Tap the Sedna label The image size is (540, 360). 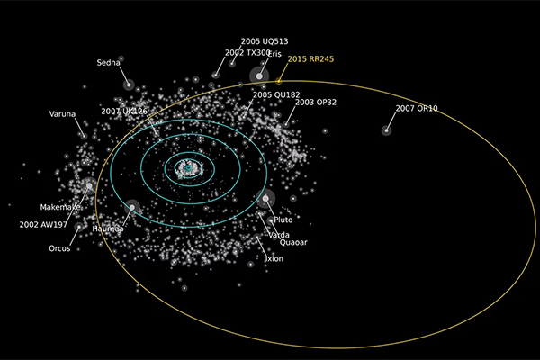(x=109, y=63)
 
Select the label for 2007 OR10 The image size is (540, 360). (x=417, y=109)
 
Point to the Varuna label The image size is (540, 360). (x=63, y=114)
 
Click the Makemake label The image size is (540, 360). (x=61, y=207)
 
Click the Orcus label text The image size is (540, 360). (x=59, y=248)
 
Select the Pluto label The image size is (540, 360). (x=283, y=220)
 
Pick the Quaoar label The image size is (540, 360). (x=293, y=242)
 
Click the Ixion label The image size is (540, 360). (x=274, y=258)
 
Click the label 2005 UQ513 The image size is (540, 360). (x=265, y=41)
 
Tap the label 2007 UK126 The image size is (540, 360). (x=124, y=112)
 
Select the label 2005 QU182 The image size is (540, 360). (x=275, y=94)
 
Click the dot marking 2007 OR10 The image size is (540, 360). (x=386, y=130)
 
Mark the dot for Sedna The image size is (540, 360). (x=129, y=85)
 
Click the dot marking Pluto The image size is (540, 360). (x=265, y=199)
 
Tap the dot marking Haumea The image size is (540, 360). (x=132, y=208)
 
